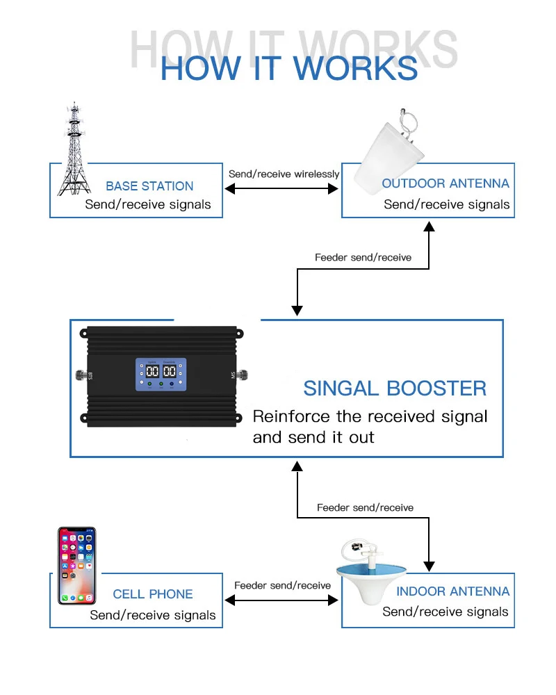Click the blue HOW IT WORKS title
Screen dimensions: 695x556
tap(288, 69)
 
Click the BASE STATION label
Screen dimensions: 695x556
tap(149, 186)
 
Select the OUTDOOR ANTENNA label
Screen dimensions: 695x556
tap(445, 183)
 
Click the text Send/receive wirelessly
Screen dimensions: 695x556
tap(284, 174)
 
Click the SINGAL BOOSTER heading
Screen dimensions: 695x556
tap(395, 388)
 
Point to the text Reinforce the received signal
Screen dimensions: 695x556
tap(370, 416)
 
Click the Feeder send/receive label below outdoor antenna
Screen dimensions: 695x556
tap(363, 257)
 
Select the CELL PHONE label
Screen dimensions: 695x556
tap(153, 594)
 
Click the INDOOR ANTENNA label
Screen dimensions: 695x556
tap(452, 591)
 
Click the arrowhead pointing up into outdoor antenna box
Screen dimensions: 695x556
tap(430, 227)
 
